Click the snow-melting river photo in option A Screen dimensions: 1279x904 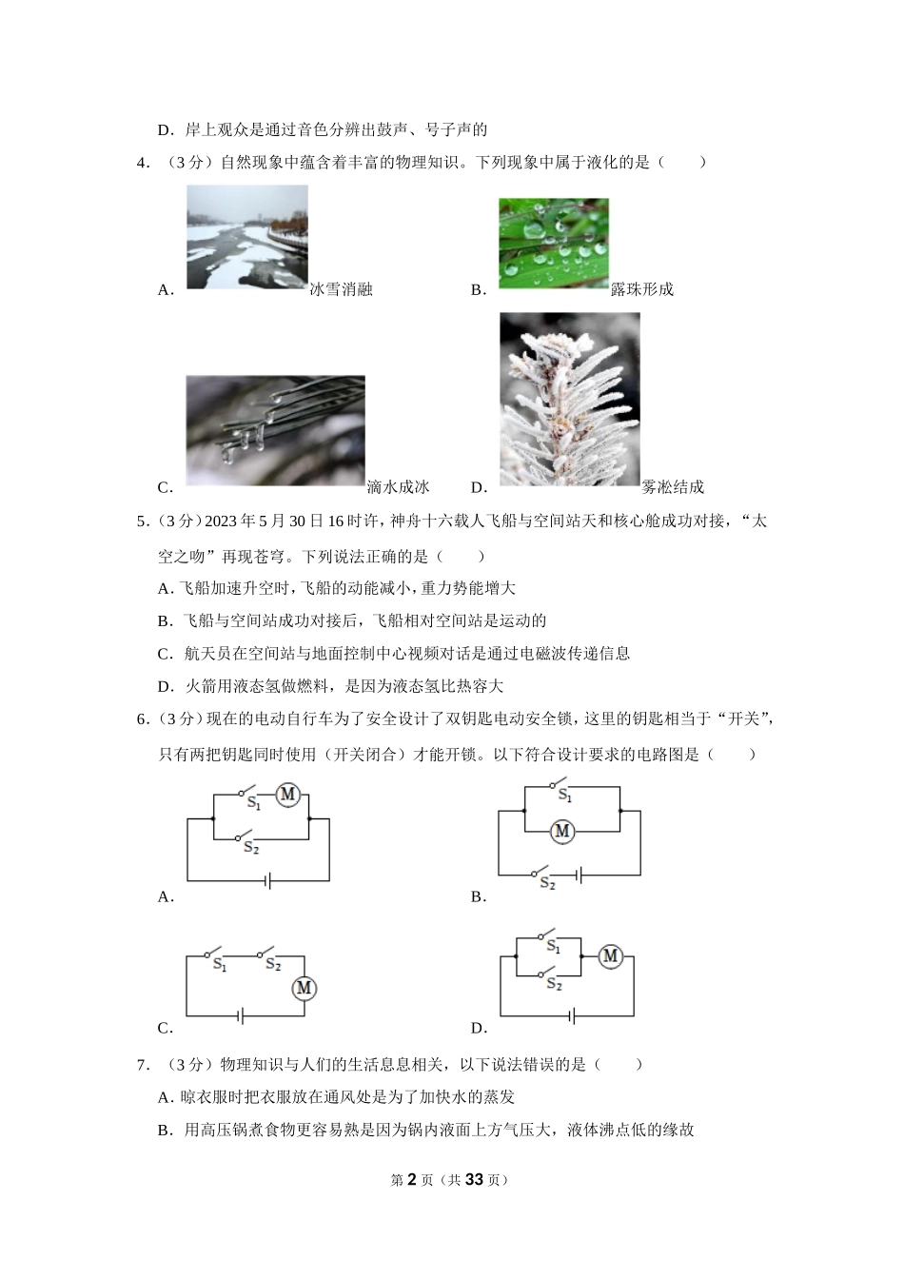point(246,236)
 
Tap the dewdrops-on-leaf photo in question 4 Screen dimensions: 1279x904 point(553,243)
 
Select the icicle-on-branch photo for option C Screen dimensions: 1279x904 point(275,430)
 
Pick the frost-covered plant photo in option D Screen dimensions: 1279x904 point(569,399)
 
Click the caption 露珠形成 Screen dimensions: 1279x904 point(641,289)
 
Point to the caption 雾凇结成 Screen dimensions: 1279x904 point(673,487)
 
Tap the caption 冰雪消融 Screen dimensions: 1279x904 point(341,289)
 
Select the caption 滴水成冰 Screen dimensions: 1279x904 point(398,487)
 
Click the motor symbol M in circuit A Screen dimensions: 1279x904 point(287,795)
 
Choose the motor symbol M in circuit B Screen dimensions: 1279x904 point(562,831)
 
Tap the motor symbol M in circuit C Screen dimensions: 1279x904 point(304,989)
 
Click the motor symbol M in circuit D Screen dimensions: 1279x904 point(610,956)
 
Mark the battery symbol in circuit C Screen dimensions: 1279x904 point(242,1016)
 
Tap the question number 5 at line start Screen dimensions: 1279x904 point(142,521)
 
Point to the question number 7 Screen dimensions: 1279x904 point(142,1065)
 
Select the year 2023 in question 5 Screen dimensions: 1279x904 point(221,521)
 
